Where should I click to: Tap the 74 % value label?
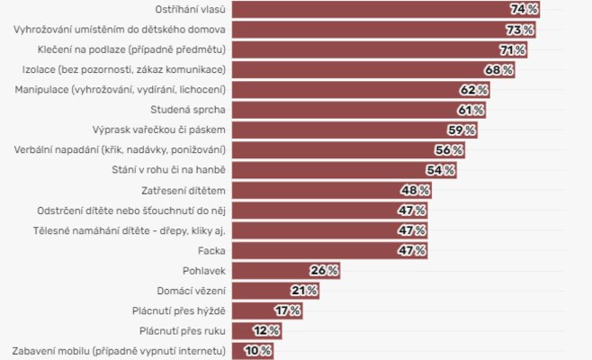(x=524, y=9)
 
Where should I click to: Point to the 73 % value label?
(x=519, y=30)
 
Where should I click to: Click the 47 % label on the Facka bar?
(x=412, y=250)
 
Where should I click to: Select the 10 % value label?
(x=258, y=351)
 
